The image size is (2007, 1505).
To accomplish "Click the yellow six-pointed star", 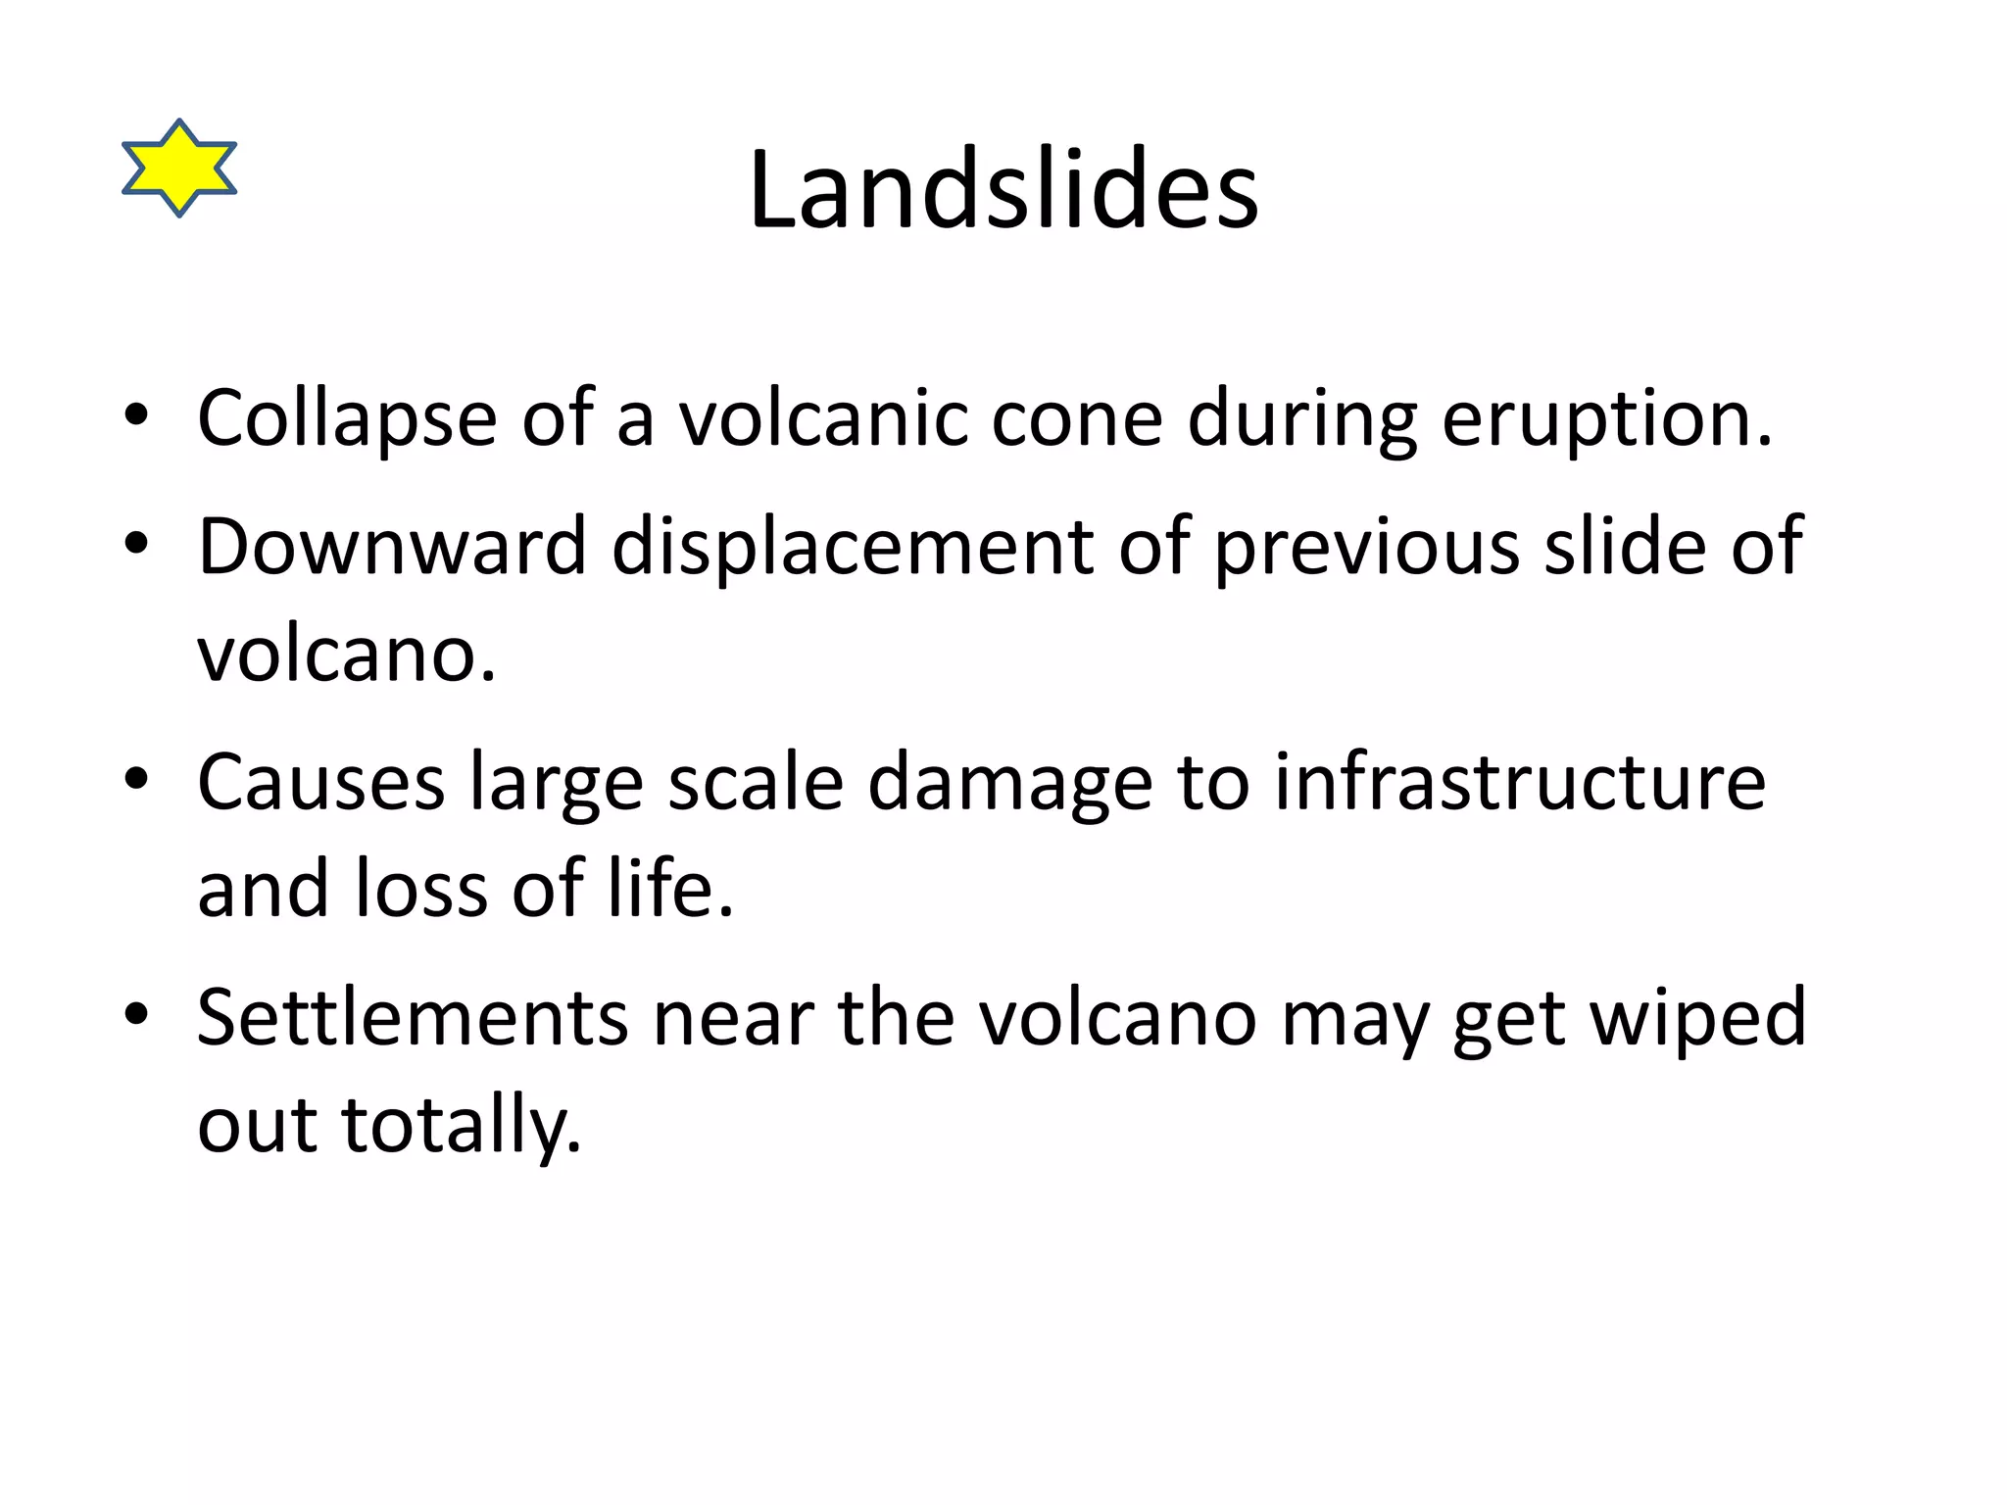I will pyautogui.click(x=179, y=168).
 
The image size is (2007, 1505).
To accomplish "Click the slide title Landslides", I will pyautogui.click(x=1003, y=190).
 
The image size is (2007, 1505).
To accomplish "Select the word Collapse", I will pyautogui.click(x=347, y=418).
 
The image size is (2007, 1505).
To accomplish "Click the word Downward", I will pyautogui.click(x=392, y=546).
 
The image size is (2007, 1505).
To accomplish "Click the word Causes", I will pyautogui.click(x=321, y=783).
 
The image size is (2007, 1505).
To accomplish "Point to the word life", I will pyautogui.click(x=669, y=888).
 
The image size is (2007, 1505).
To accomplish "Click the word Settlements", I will pyautogui.click(x=412, y=1018).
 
